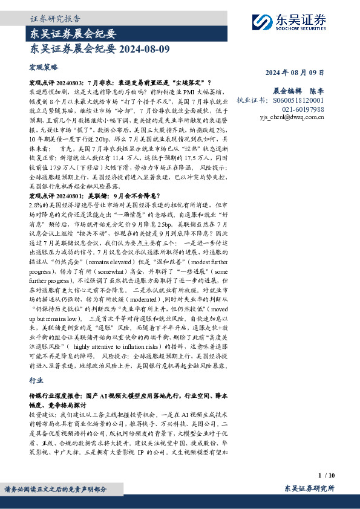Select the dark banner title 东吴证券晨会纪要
tap(73, 33)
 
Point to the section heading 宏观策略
tap(44, 68)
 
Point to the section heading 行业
tap(36, 381)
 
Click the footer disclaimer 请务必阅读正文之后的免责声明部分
tap(56, 489)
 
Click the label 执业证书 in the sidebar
tap(250, 100)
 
